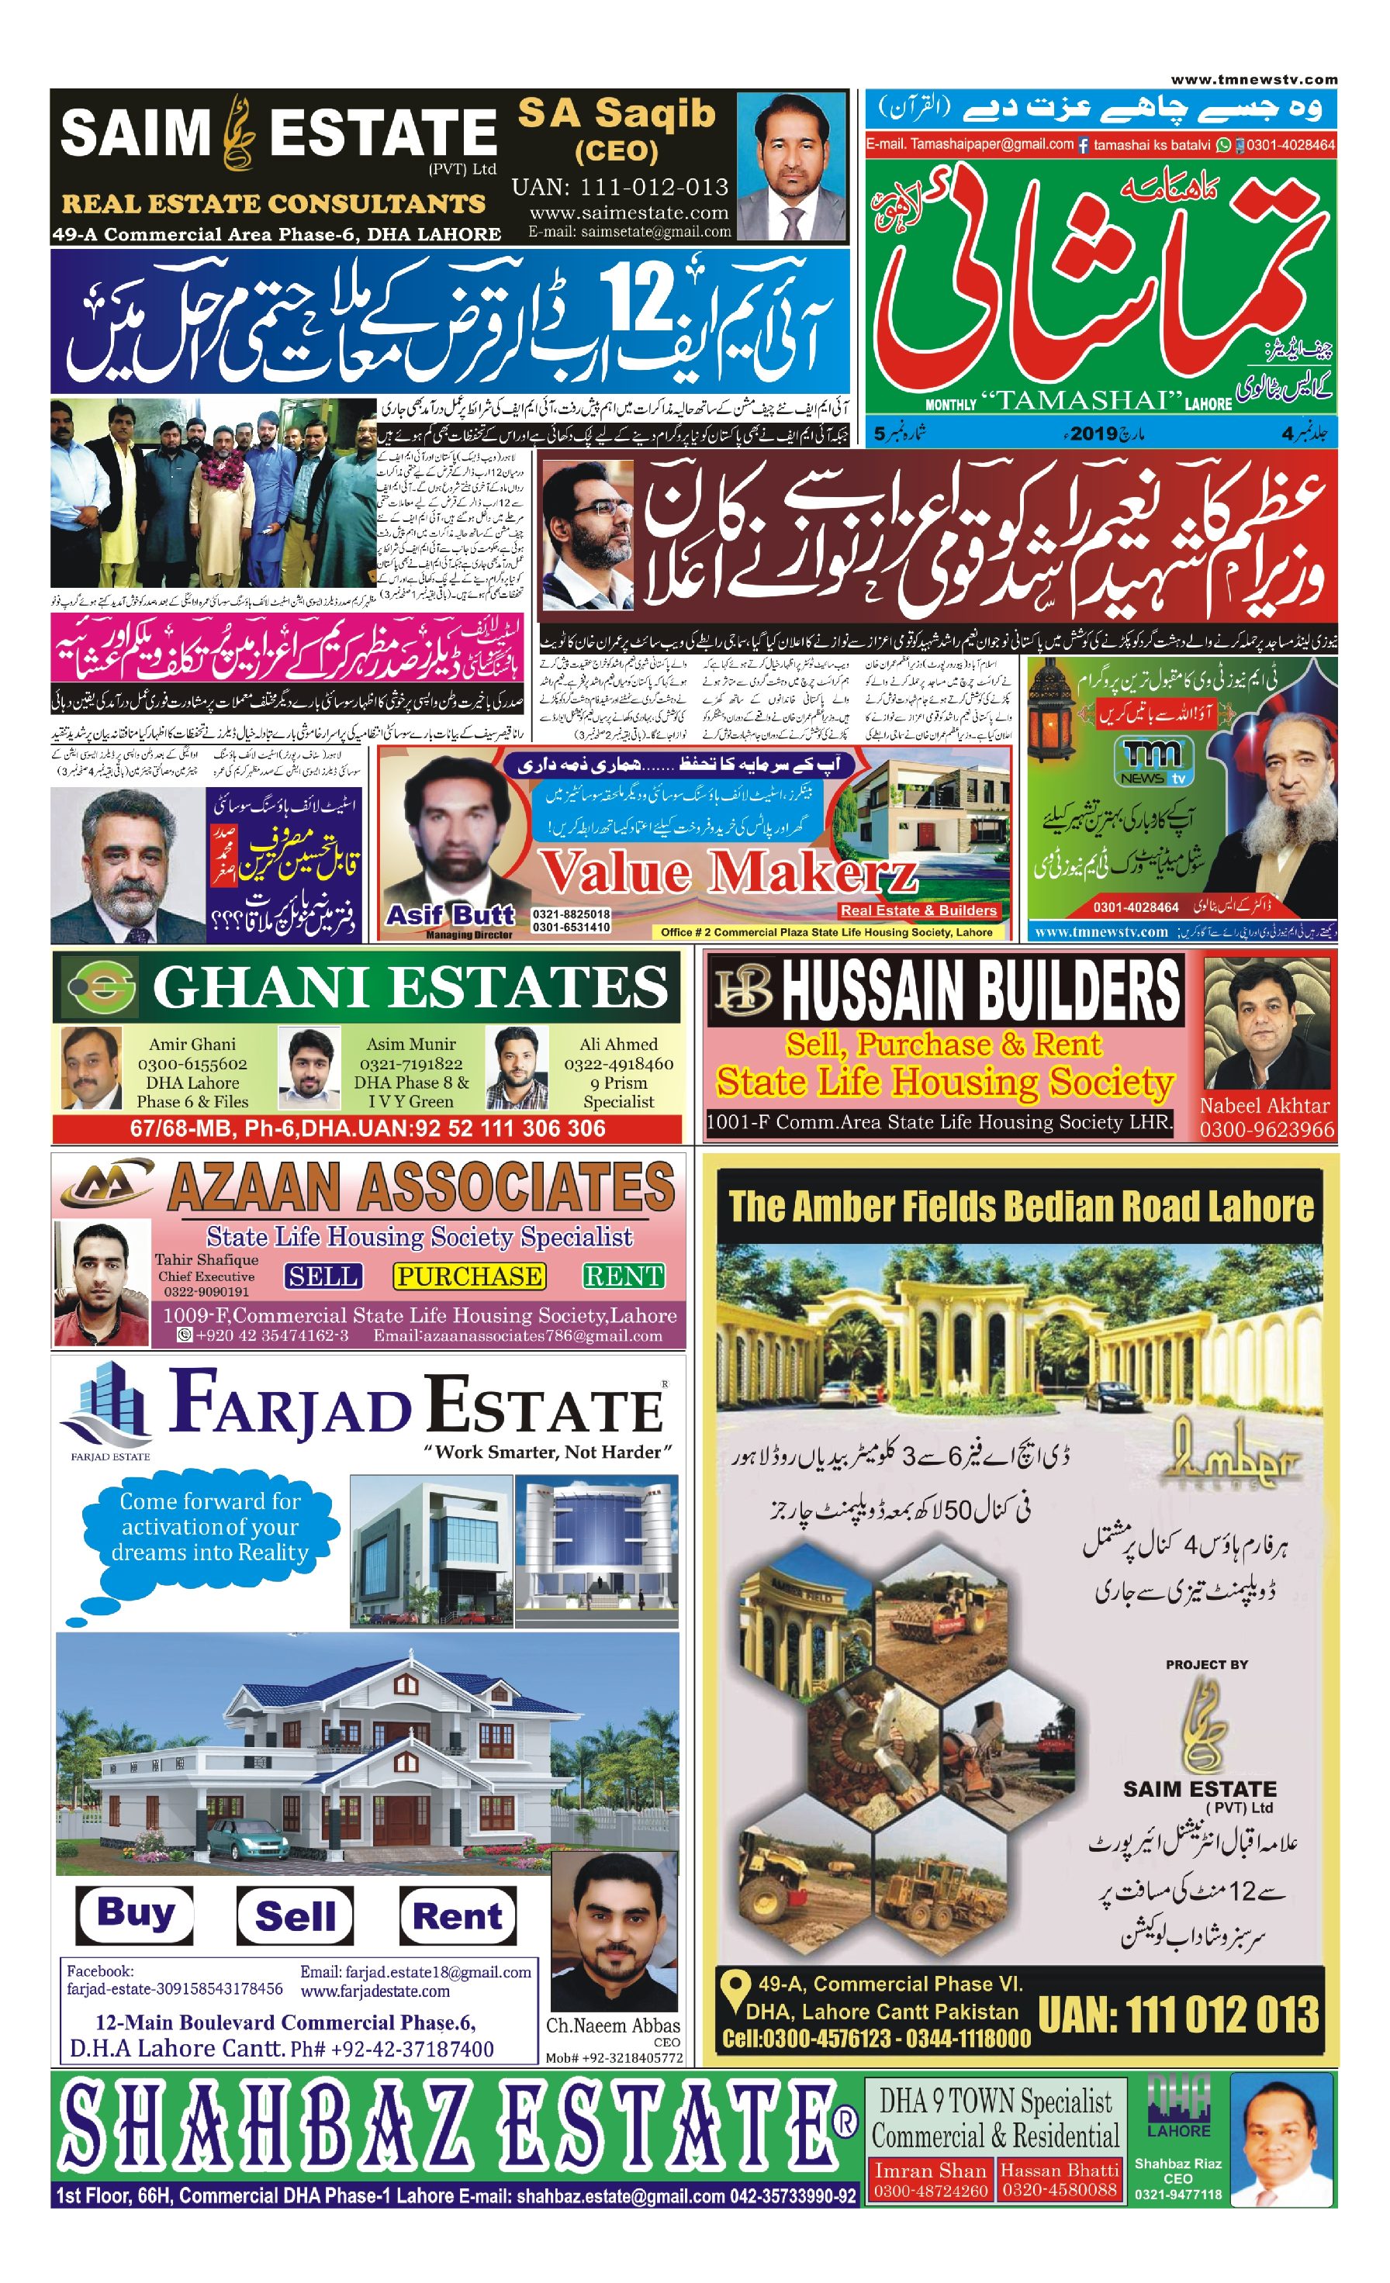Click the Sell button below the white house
(x=295, y=1916)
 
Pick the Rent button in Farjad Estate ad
(x=458, y=1916)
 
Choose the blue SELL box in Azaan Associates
(x=323, y=1276)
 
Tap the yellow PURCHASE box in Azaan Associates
(x=469, y=1276)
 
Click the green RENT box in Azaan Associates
(x=624, y=1276)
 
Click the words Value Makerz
(x=728, y=873)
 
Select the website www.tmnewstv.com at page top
(x=1253, y=80)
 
